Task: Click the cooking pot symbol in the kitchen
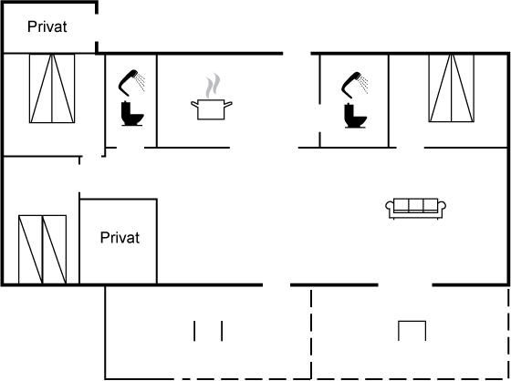pyautogui.click(x=211, y=109)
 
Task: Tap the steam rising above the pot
pyautogui.click(x=213, y=86)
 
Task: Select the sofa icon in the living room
pyautogui.click(x=416, y=209)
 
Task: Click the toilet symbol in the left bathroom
pyautogui.click(x=132, y=113)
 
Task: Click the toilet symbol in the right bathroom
pyautogui.click(x=355, y=116)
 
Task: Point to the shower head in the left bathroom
pyautogui.click(x=131, y=83)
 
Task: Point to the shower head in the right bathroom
pyautogui.click(x=355, y=85)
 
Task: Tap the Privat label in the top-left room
pyautogui.click(x=47, y=26)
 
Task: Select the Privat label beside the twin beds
pyautogui.click(x=120, y=238)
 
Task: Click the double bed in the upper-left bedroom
pyautogui.click(x=52, y=88)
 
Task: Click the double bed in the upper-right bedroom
pyautogui.click(x=452, y=88)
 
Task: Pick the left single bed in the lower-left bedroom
pyautogui.click(x=31, y=250)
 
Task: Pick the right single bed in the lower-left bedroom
pyautogui.click(x=55, y=250)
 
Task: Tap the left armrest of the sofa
pyautogui.click(x=390, y=209)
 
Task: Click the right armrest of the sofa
pyautogui.click(x=443, y=209)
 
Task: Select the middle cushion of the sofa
pyautogui.click(x=416, y=205)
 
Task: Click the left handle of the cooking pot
pyautogui.click(x=194, y=105)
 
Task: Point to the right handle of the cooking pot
pyautogui.click(x=228, y=105)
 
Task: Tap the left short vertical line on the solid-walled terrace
pyautogui.click(x=194, y=331)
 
